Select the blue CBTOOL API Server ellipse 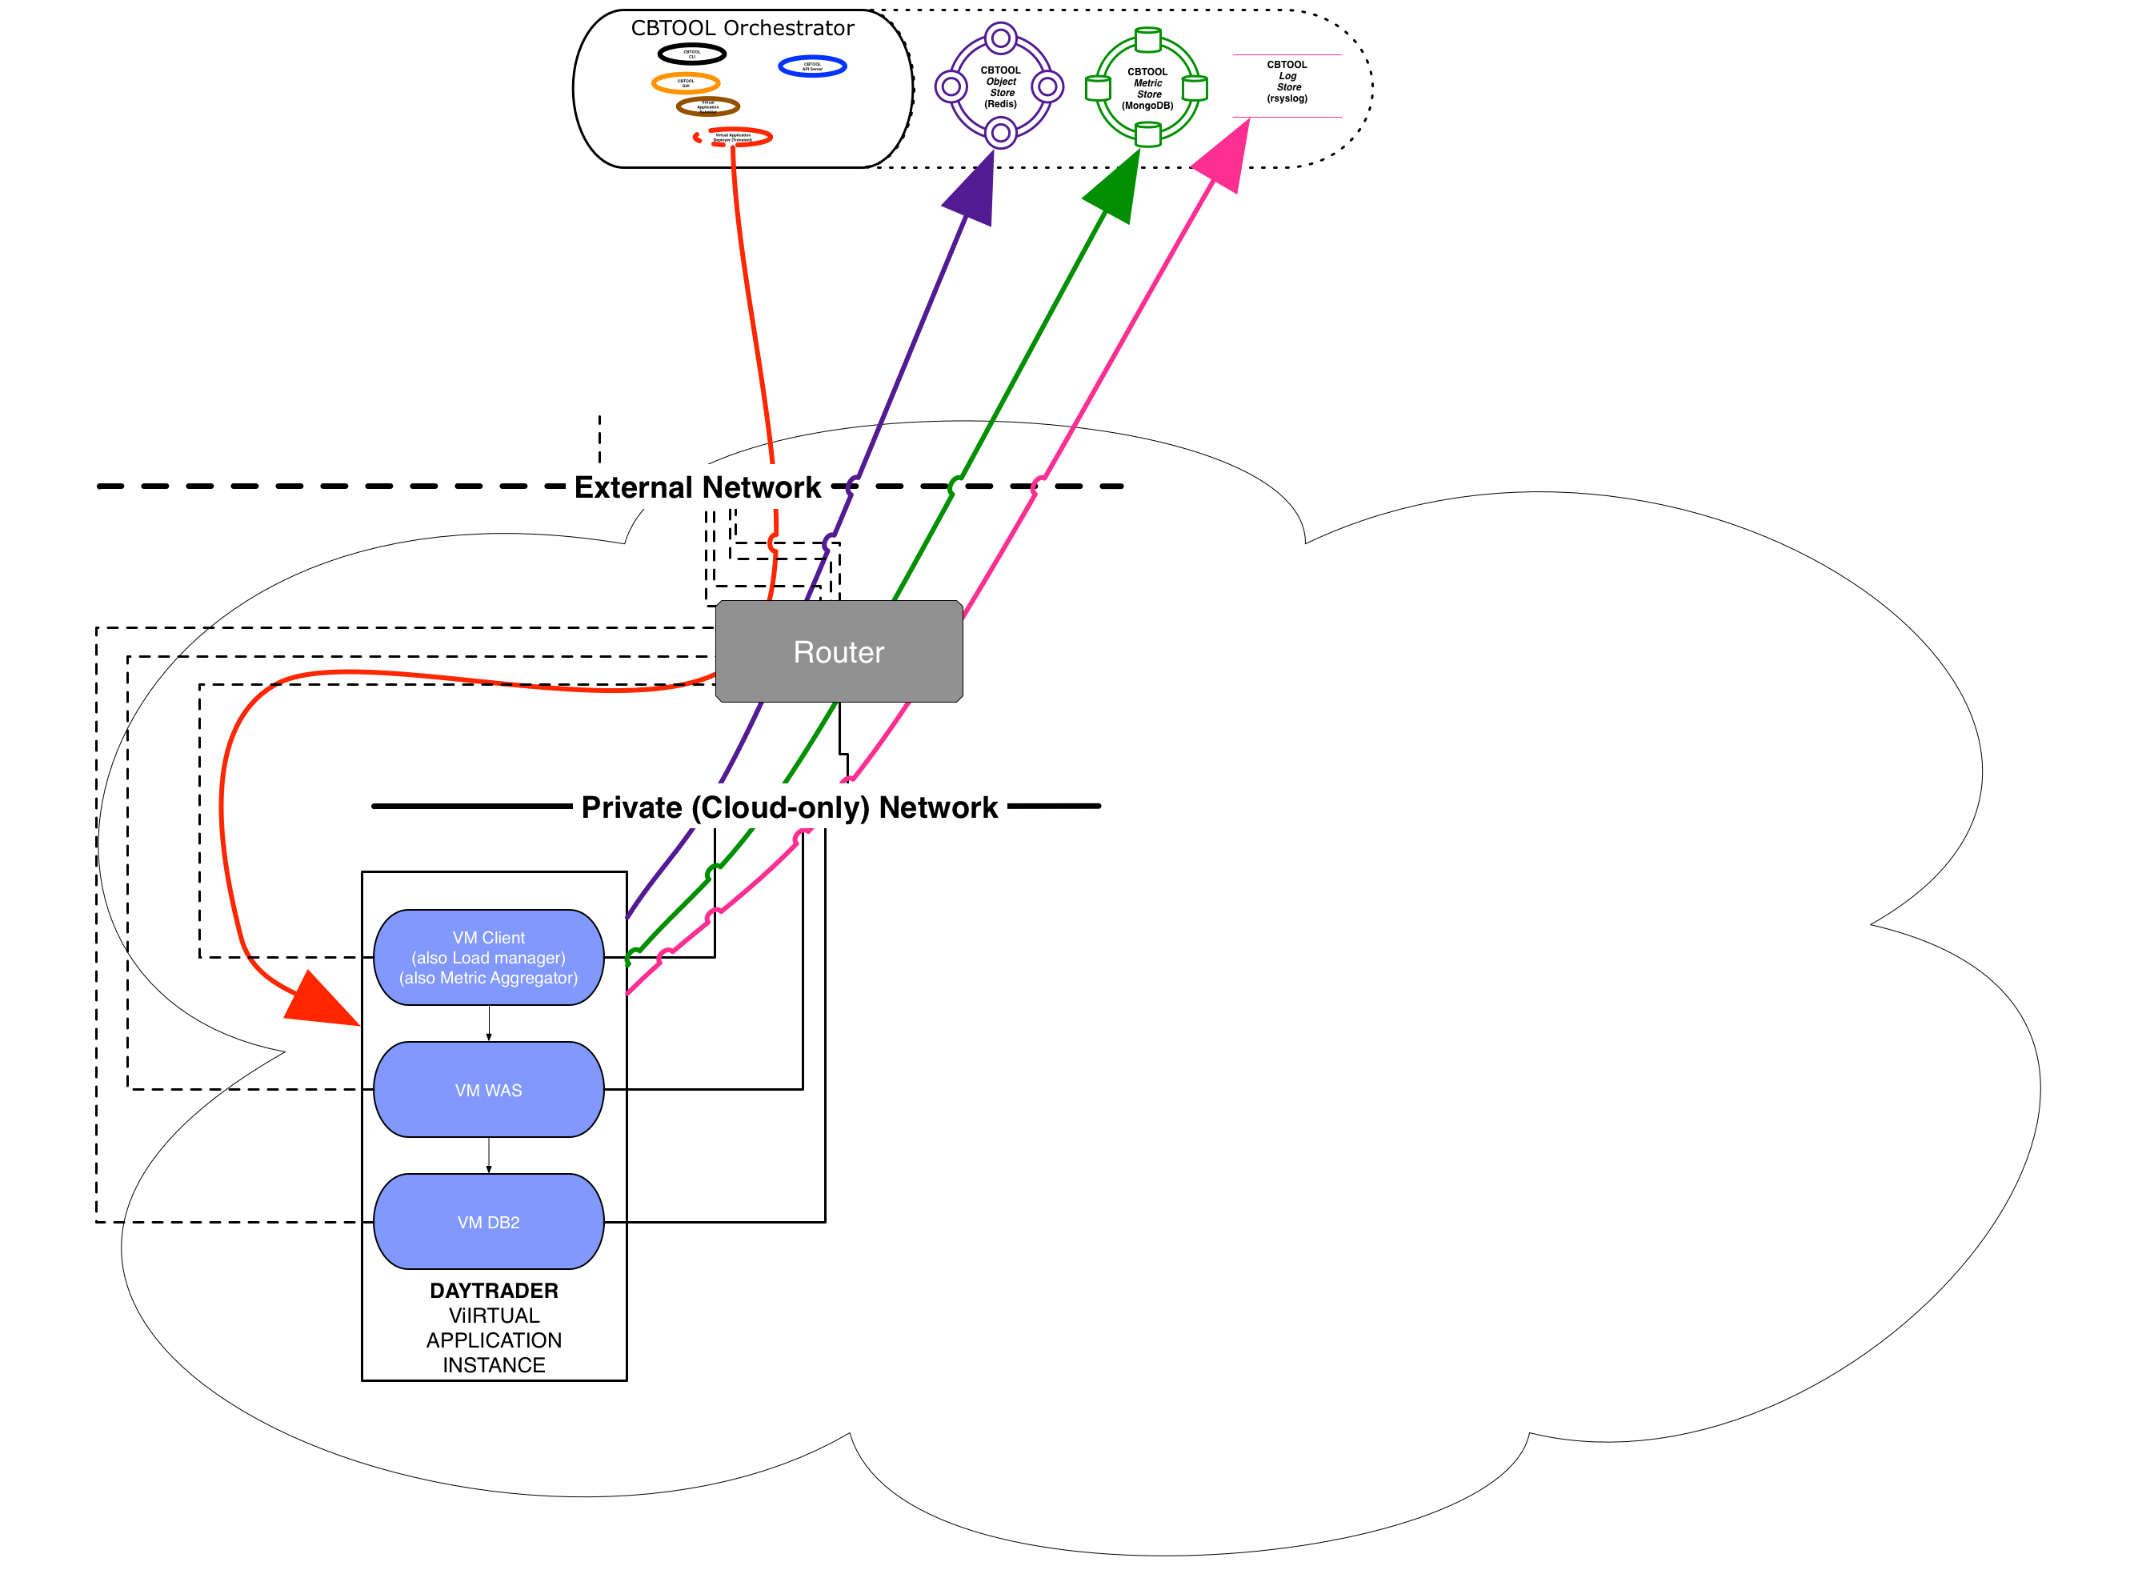pyautogui.click(x=811, y=66)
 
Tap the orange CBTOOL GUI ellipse pyautogui.click(x=685, y=82)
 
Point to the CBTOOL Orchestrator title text pyautogui.click(x=742, y=28)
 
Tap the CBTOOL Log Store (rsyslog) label pyautogui.click(x=1287, y=82)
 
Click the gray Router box pyautogui.click(x=838, y=651)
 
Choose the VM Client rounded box pyautogui.click(x=488, y=957)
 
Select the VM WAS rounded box pyautogui.click(x=488, y=1090)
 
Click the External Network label pyautogui.click(x=697, y=487)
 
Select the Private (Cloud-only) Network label pyautogui.click(x=789, y=807)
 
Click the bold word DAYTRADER pyautogui.click(x=494, y=1290)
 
